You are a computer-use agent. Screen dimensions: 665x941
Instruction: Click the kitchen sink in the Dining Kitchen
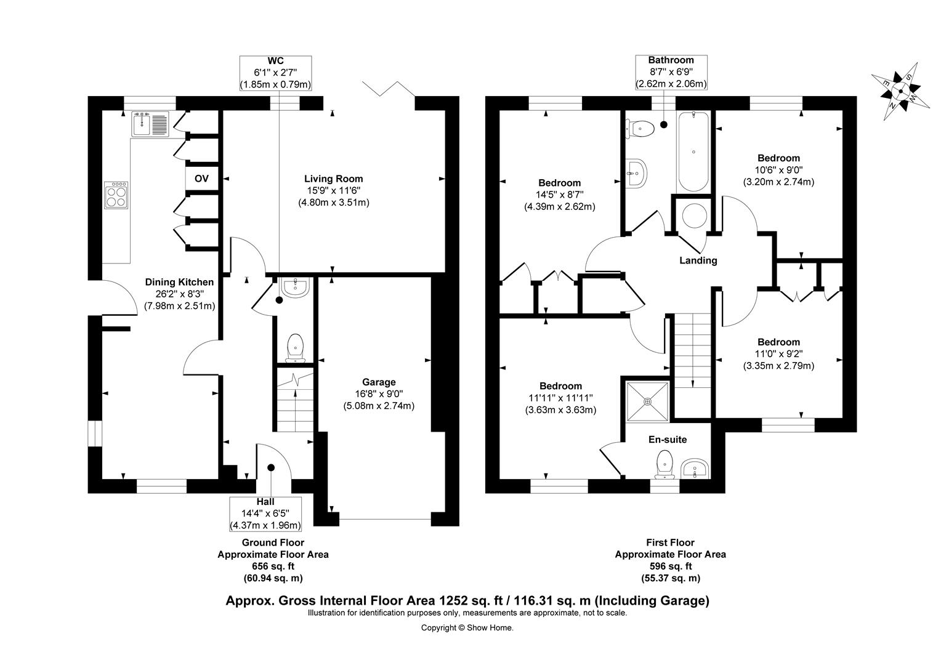[x=150, y=124]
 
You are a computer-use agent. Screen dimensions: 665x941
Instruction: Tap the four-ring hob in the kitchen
[x=116, y=195]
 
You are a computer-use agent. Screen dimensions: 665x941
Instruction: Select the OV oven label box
[x=201, y=179]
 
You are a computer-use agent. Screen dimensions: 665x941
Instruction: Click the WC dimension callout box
[x=275, y=73]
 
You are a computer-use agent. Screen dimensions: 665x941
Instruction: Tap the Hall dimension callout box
[x=265, y=514]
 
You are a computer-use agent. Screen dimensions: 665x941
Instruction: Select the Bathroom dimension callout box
[x=671, y=72]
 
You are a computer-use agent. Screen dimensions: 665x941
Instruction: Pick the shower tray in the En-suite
[x=647, y=401]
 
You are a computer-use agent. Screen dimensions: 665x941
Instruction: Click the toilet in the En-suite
[x=664, y=464]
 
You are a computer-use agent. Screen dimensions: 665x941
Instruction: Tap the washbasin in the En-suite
[x=696, y=469]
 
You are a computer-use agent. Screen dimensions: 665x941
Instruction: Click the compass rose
[x=900, y=91]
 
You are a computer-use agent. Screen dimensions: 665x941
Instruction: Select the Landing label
[x=698, y=260]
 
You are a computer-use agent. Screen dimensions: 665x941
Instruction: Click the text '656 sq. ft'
[x=273, y=566]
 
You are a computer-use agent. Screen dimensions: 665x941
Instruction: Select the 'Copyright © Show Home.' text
[x=467, y=627]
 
